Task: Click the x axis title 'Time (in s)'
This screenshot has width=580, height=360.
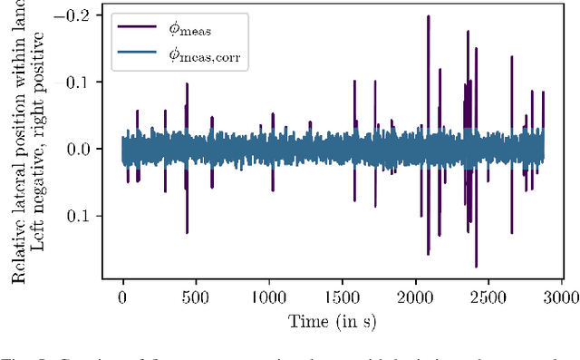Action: point(332,320)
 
